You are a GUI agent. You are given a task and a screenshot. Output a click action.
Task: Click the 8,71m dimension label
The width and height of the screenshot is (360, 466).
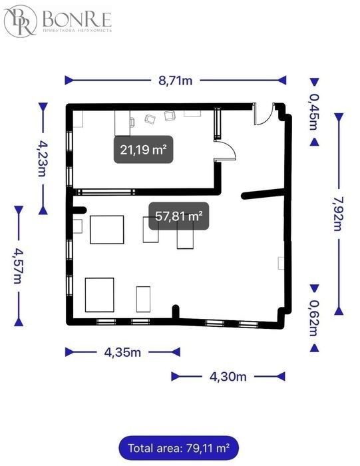[x=175, y=81]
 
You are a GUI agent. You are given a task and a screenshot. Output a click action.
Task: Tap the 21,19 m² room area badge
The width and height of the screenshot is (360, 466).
[x=144, y=149]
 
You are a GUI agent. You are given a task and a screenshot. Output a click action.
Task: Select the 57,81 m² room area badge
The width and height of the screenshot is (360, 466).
[x=179, y=216]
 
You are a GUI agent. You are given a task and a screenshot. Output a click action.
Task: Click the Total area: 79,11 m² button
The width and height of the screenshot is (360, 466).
[x=178, y=448]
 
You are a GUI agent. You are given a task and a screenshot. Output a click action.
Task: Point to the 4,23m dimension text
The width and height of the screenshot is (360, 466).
[x=43, y=158]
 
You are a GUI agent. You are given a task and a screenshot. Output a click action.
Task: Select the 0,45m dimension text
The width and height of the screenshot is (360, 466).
[x=315, y=112]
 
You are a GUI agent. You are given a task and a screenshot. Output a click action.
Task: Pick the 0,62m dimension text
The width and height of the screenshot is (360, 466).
[x=315, y=318]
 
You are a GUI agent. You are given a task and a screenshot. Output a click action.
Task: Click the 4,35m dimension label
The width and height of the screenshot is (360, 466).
[x=122, y=352]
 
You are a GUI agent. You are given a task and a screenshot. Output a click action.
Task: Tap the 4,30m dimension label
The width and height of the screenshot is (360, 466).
[x=228, y=377]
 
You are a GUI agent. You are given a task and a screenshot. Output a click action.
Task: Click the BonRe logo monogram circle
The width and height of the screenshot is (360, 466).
[x=20, y=21]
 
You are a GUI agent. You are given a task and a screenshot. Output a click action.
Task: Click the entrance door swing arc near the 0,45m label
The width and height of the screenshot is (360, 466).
[x=266, y=118]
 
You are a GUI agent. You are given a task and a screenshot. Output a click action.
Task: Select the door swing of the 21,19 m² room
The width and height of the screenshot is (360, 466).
[x=230, y=148]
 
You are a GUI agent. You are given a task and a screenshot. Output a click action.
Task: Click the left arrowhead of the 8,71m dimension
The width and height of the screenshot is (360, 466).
[x=69, y=81]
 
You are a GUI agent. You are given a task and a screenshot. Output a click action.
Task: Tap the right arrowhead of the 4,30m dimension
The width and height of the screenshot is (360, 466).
[x=281, y=377]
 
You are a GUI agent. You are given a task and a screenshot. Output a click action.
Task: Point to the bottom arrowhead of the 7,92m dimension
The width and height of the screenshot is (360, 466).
[x=339, y=311]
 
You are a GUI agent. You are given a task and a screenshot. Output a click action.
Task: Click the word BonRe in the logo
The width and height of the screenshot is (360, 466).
[x=77, y=19]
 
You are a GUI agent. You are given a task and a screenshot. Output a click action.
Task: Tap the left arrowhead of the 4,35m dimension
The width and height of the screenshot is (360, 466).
[x=69, y=352]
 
